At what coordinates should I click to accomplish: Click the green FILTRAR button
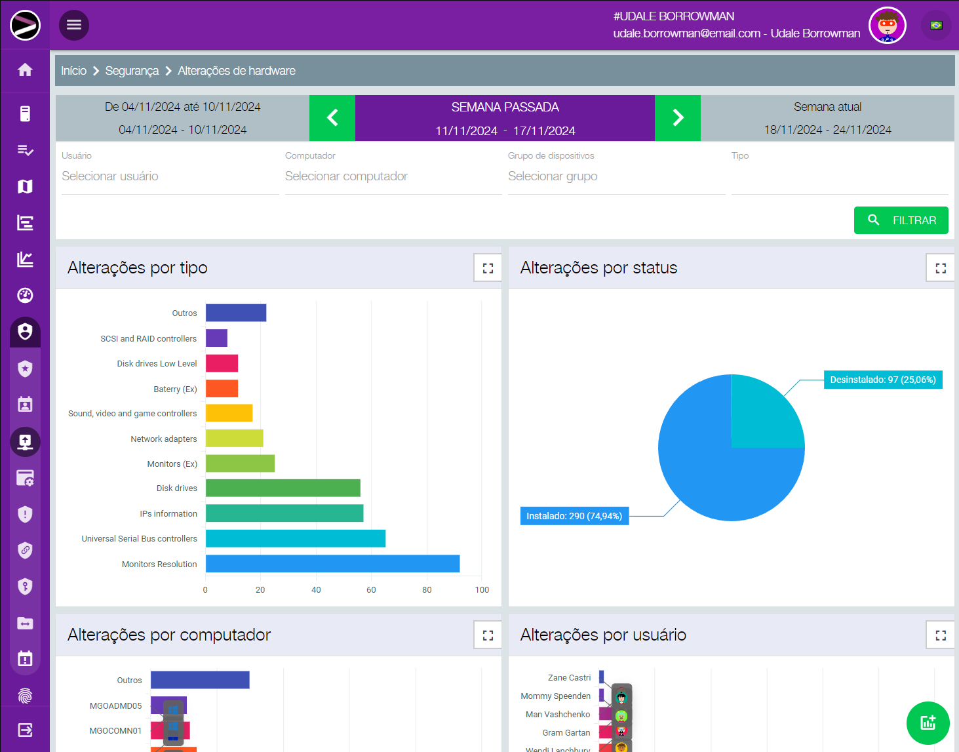click(901, 220)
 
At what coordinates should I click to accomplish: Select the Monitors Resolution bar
click(332, 564)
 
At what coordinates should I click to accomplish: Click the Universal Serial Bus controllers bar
click(295, 538)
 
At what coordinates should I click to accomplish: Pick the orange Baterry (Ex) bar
click(222, 389)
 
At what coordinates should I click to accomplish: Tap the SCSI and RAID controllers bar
click(216, 338)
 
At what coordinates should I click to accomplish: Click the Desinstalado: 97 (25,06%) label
click(882, 380)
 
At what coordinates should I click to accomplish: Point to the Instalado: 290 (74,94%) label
click(574, 516)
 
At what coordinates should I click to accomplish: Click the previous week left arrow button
click(332, 118)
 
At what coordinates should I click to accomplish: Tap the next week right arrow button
click(678, 118)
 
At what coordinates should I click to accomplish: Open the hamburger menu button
click(74, 25)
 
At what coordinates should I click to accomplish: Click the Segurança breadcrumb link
click(132, 71)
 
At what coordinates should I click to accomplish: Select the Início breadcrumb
click(73, 71)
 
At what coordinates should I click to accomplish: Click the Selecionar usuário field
click(170, 176)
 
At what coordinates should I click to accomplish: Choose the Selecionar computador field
click(393, 176)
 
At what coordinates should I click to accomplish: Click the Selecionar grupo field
click(616, 176)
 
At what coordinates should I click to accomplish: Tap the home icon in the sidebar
click(25, 70)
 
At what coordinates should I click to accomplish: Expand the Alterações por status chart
click(940, 268)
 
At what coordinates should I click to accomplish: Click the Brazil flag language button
click(936, 26)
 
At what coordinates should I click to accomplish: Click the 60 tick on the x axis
click(371, 590)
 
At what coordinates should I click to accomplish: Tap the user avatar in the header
click(887, 26)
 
